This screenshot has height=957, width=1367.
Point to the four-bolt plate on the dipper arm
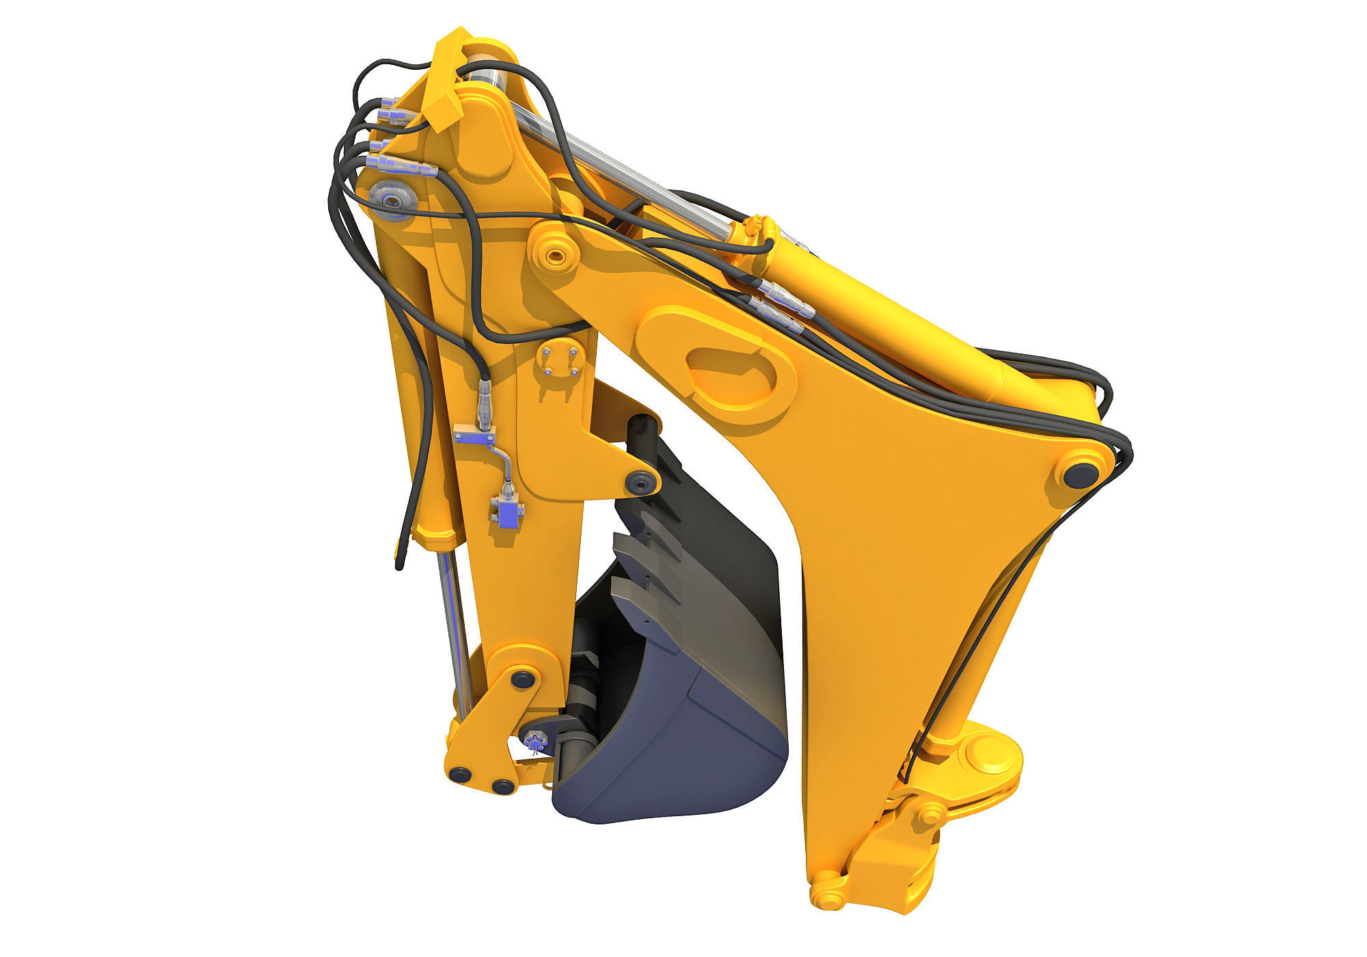559,362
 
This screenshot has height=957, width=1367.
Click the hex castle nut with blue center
534,740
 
